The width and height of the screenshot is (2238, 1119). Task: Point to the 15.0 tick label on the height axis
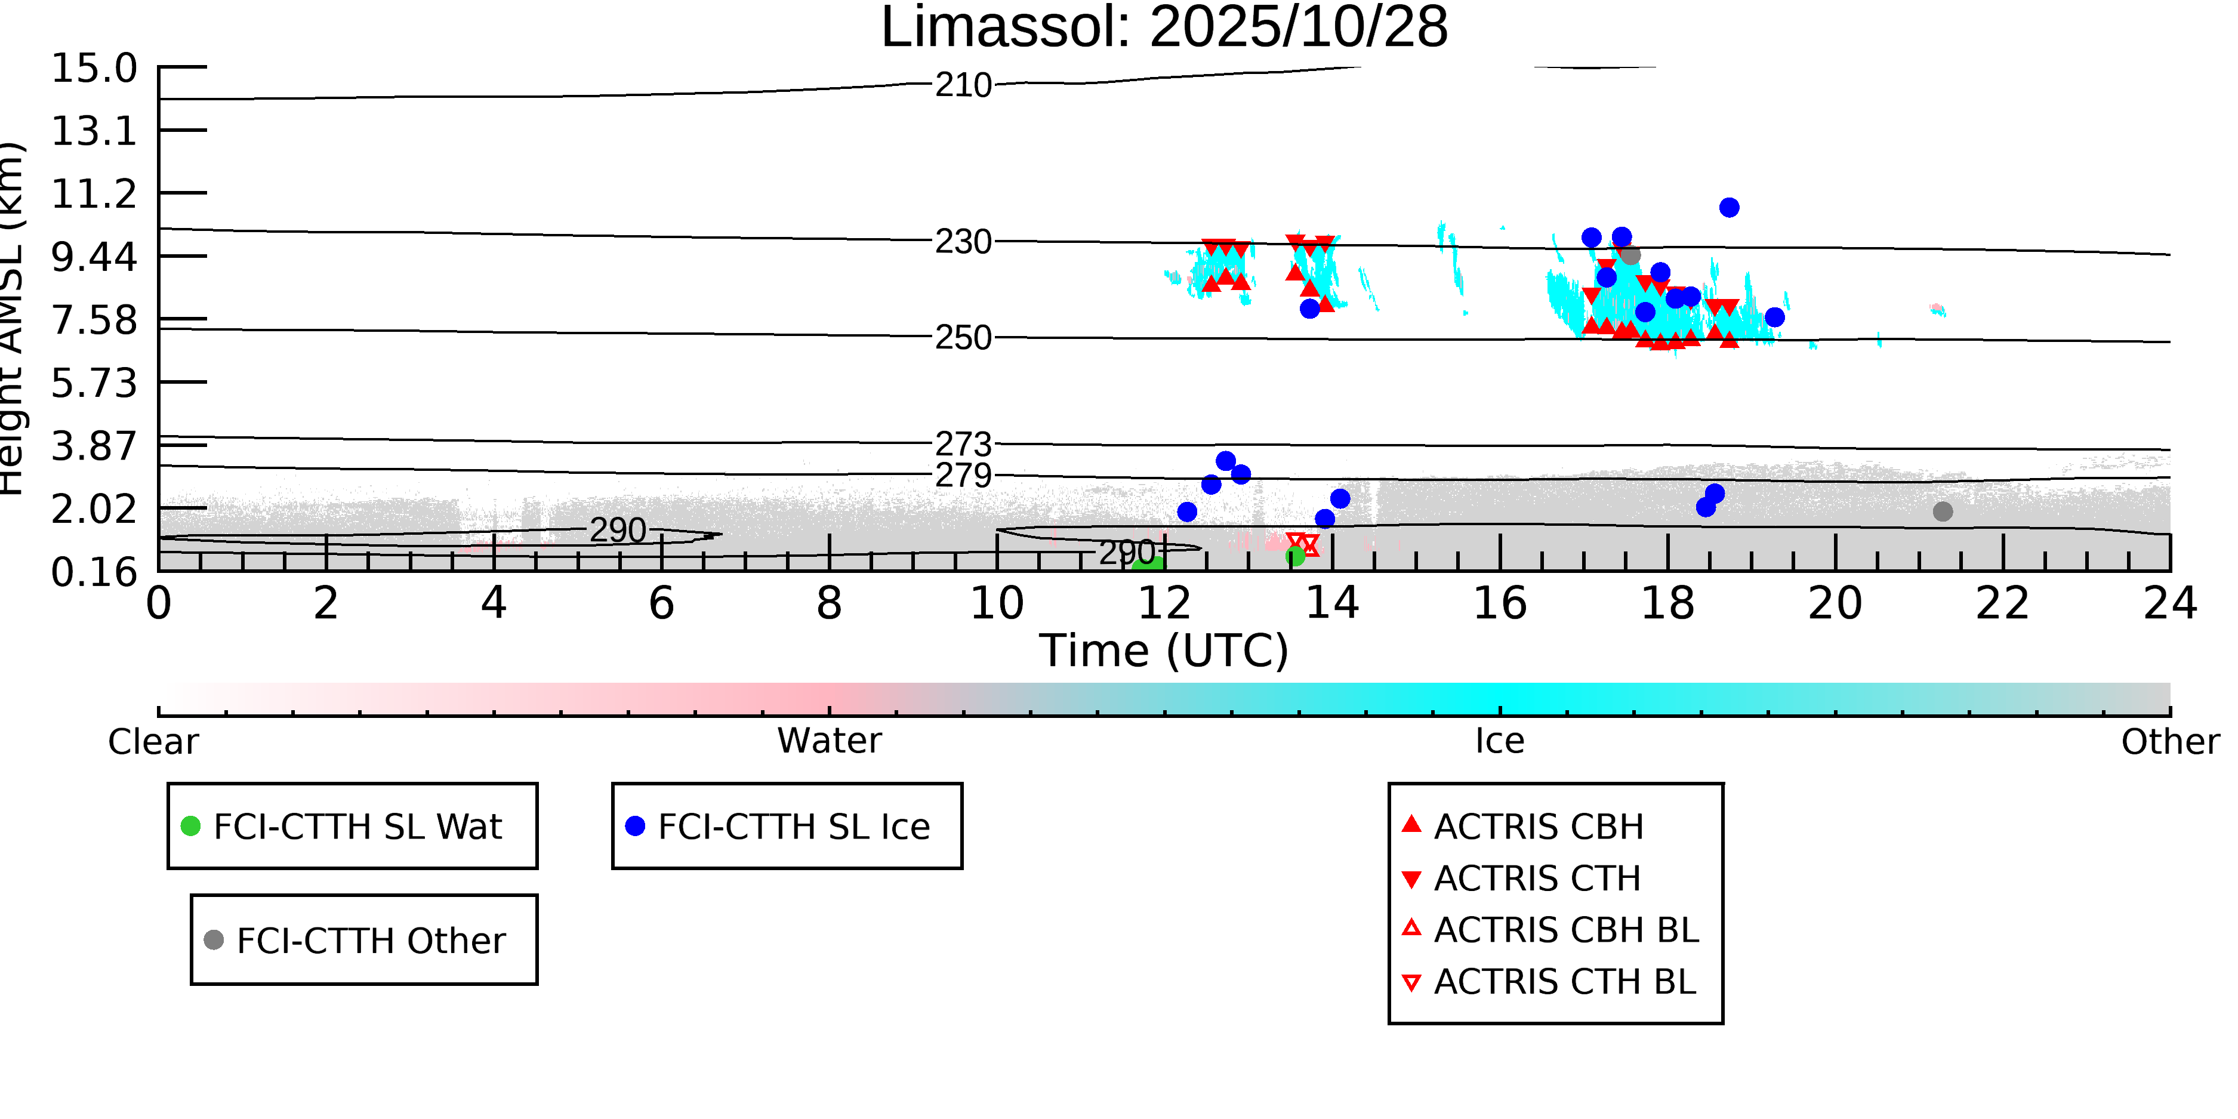(x=94, y=69)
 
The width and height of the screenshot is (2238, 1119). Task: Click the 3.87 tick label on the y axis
(x=94, y=446)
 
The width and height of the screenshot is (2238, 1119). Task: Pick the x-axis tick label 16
(x=1500, y=604)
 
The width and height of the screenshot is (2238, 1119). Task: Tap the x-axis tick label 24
(x=2169, y=604)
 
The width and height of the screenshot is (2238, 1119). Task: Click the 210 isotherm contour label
(x=963, y=86)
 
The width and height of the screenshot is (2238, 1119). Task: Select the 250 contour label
(x=963, y=338)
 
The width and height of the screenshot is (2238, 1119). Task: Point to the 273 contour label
(x=963, y=445)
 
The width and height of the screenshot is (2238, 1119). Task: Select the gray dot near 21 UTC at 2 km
(x=1943, y=511)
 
